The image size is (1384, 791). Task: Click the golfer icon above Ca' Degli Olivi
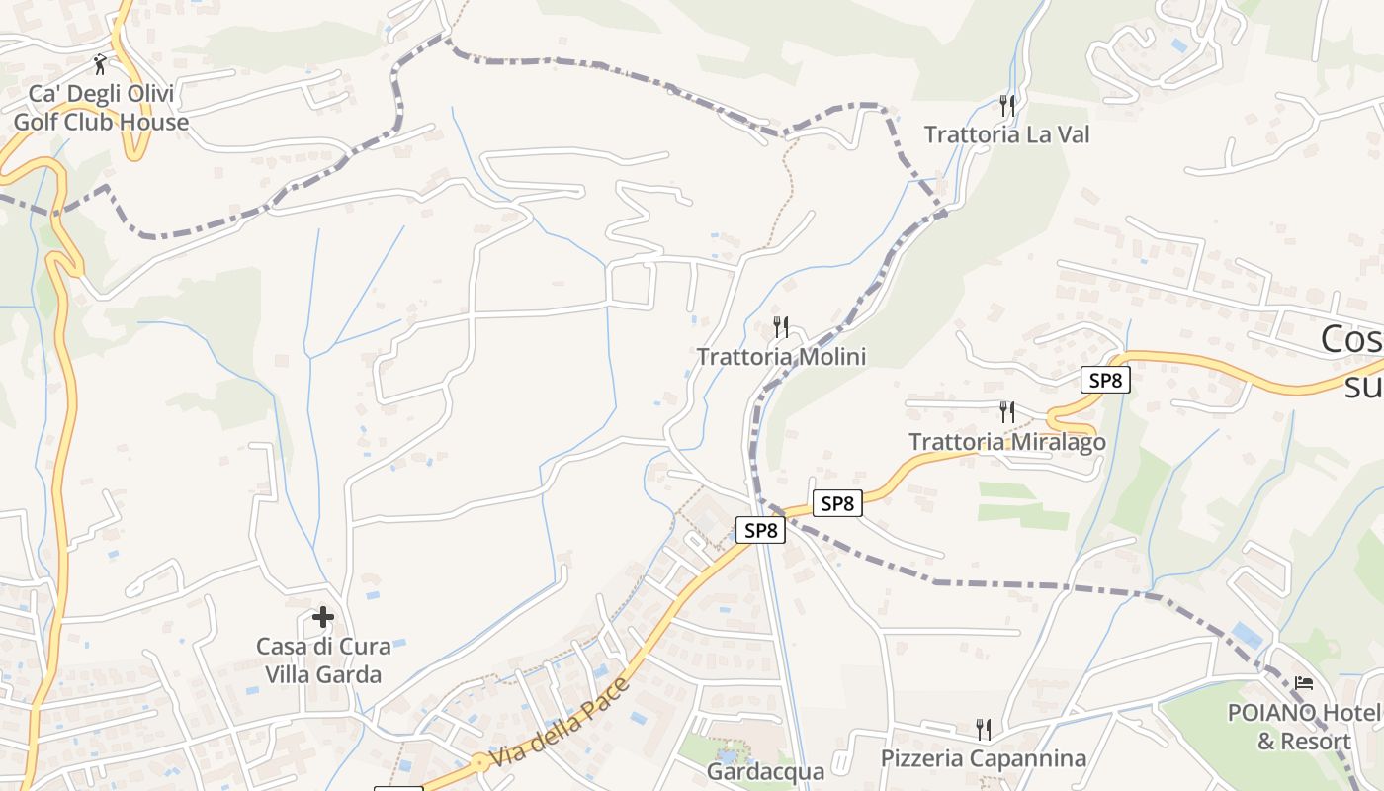[100, 65]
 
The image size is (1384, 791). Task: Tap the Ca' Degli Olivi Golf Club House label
[101, 109]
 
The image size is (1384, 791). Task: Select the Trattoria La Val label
[1006, 134]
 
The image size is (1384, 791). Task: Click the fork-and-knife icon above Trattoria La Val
[1007, 104]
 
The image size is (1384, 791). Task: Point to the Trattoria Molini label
[781, 357]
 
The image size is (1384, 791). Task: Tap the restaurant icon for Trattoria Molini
[781, 326]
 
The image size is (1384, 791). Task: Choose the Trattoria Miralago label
[1006, 442]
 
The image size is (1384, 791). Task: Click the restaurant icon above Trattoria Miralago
[1007, 411]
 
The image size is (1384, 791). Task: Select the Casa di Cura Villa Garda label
[323, 660]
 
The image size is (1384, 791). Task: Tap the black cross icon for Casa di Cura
[323, 618]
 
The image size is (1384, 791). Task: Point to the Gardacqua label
[765, 771]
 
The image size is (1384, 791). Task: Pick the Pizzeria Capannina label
[984, 758]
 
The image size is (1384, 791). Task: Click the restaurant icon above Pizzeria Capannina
[984, 730]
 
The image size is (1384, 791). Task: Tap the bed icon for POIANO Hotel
[1304, 683]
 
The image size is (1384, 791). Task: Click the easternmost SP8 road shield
[1104, 380]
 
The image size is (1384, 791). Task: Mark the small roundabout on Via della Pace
[479, 762]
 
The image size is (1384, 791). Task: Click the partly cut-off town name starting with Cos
[1351, 361]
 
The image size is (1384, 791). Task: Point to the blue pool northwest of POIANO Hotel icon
[1248, 635]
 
